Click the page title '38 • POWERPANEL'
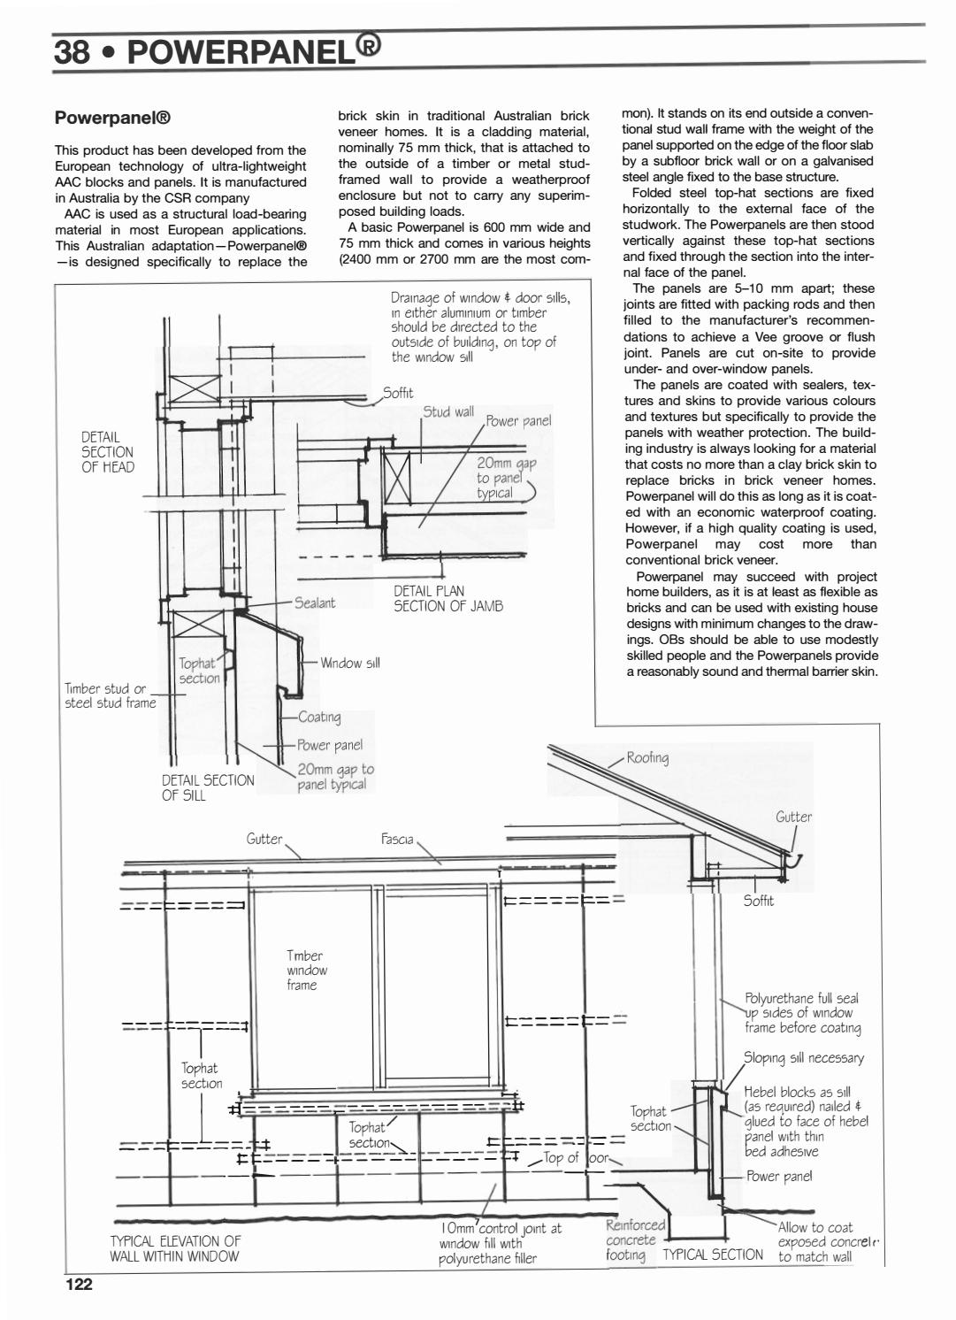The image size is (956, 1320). [x=217, y=51]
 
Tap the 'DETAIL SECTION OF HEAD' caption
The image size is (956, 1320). [x=108, y=452]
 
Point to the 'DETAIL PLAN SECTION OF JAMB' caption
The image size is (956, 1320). [x=447, y=598]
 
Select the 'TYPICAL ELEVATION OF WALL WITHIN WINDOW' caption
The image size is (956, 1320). [x=175, y=1248]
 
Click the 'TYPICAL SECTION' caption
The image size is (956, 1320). [x=713, y=1254]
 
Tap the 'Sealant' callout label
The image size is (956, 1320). [x=315, y=602]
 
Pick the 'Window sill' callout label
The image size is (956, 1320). [x=349, y=663]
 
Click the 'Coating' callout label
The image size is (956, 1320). [x=319, y=717]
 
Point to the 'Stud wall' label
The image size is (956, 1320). [x=448, y=412]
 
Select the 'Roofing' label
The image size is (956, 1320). [x=647, y=757]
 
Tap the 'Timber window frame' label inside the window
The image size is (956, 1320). [x=305, y=970]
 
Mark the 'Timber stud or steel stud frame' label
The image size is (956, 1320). [x=110, y=695]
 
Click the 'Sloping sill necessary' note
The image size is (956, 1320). [x=803, y=1058]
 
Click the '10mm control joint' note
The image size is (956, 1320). [x=500, y=1243]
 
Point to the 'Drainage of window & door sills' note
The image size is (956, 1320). [x=480, y=327]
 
